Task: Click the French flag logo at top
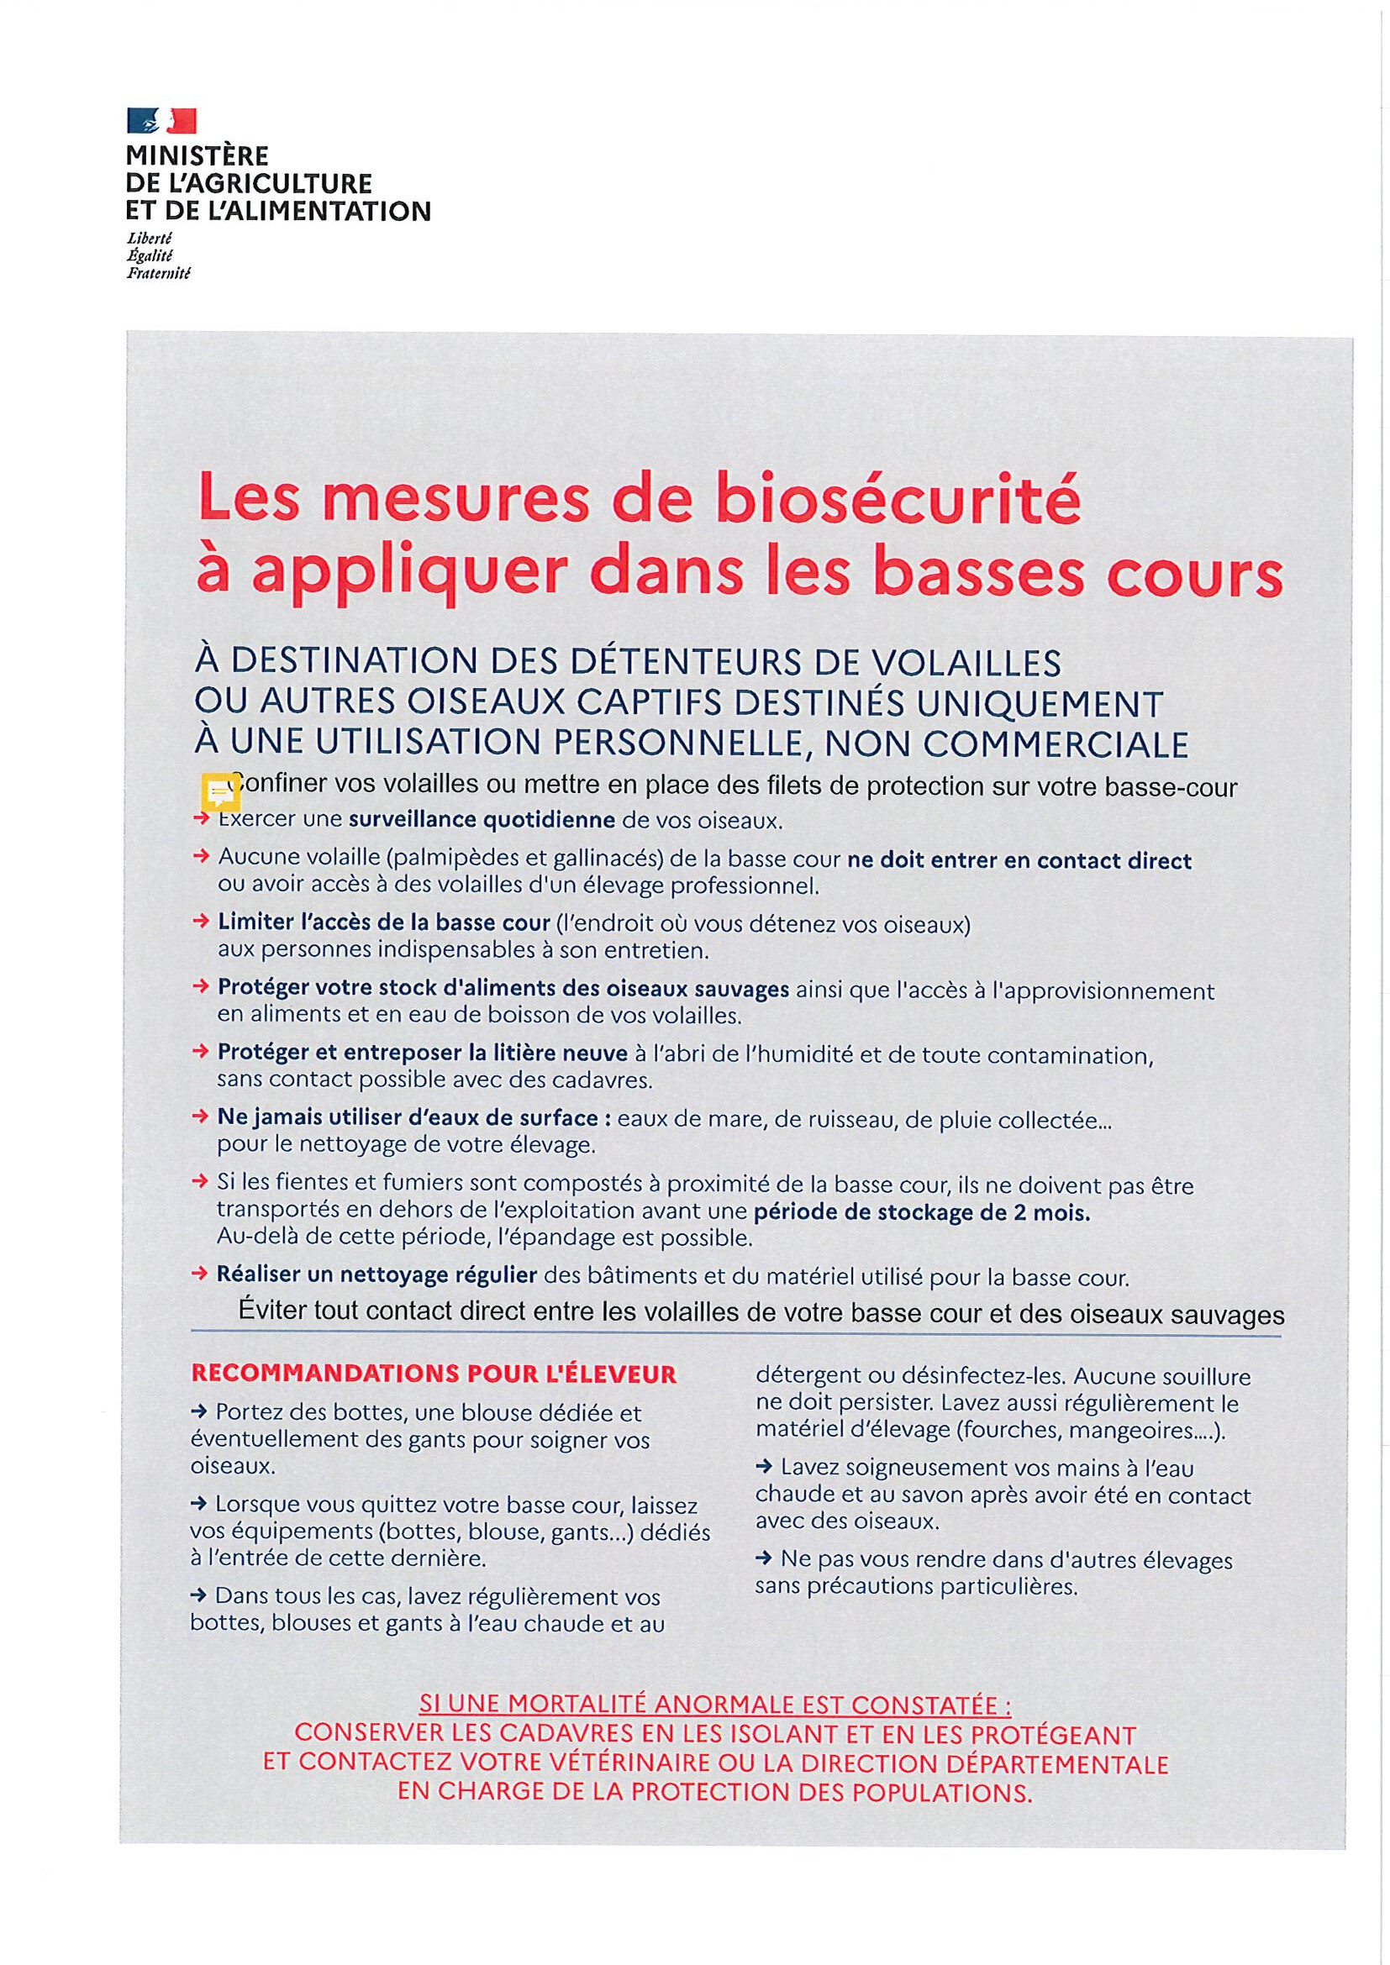(x=161, y=120)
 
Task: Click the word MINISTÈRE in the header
(x=197, y=156)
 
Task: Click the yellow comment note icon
(x=220, y=792)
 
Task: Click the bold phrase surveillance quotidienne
(x=481, y=821)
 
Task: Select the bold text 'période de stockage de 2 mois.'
(x=922, y=1213)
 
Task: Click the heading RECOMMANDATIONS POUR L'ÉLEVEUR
(x=434, y=1374)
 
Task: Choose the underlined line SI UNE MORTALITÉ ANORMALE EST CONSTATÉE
(x=715, y=1705)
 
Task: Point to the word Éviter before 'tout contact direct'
(x=273, y=1313)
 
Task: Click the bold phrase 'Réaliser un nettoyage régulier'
(x=376, y=1275)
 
